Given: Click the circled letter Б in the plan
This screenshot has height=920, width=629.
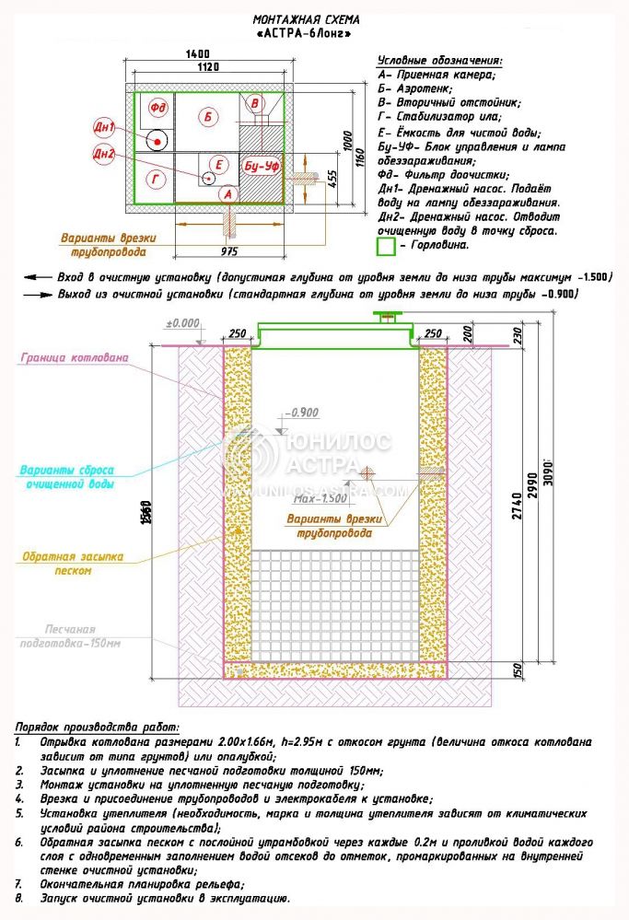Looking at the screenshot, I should (x=209, y=117).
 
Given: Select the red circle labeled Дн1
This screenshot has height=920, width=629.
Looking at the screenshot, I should (x=104, y=126).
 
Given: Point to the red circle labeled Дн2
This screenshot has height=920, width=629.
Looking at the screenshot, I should (x=104, y=154).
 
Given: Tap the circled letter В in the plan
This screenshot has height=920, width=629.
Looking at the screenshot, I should (x=257, y=102).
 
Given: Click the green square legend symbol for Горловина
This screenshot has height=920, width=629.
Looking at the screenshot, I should (x=386, y=246).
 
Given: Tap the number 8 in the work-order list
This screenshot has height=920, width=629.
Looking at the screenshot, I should (x=18, y=898).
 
